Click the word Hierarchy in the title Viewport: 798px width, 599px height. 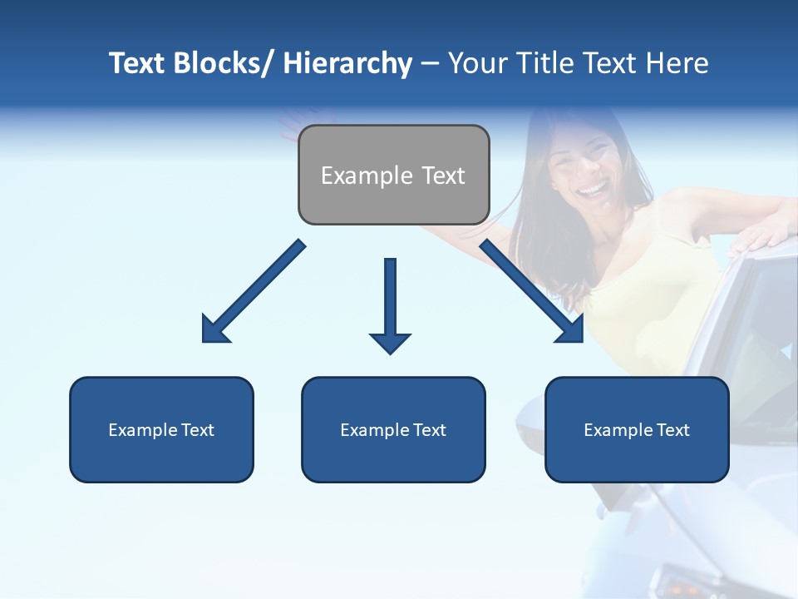[347, 63]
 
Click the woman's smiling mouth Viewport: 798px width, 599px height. [592, 190]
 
